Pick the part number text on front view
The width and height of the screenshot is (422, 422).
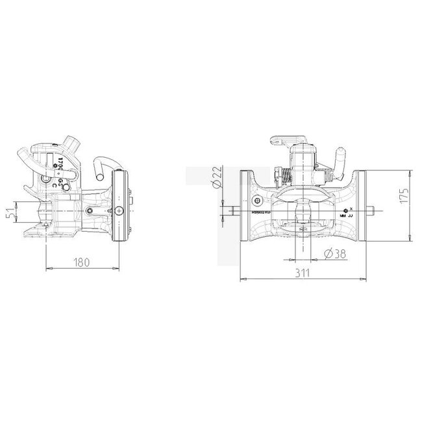click(x=262, y=212)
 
